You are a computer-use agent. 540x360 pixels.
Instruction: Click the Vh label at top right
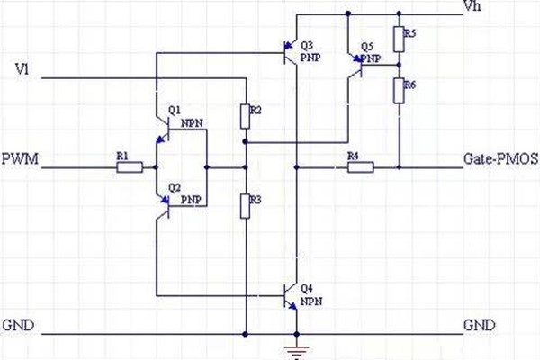coord(472,7)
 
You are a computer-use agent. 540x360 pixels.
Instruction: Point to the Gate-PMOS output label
coord(500,159)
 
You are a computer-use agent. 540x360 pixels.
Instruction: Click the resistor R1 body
coord(130,167)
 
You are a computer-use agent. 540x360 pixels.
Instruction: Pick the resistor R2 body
coord(245,116)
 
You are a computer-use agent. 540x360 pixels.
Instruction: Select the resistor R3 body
coord(245,207)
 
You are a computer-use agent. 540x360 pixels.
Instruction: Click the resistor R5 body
coord(398,40)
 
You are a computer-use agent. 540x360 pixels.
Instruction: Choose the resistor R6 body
coord(398,91)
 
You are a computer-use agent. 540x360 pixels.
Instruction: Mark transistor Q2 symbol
coord(165,203)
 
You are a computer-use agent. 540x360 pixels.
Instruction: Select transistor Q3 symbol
coord(290,52)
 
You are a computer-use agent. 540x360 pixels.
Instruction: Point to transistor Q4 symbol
coord(290,295)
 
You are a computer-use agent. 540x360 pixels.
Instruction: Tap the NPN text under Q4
coord(311,300)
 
